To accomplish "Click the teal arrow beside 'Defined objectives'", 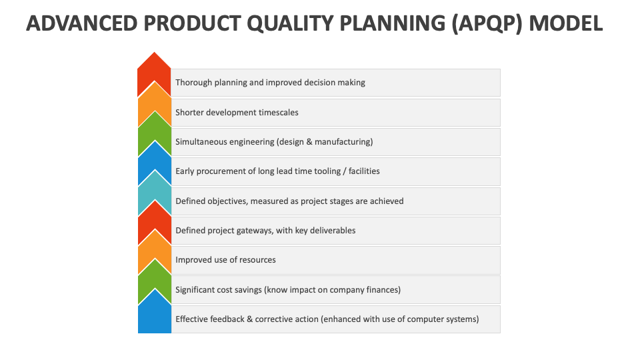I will click(x=154, y=195).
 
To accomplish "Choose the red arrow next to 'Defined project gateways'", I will click(x=154, y=225).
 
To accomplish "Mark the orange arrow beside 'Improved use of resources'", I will click(x=154, y=254).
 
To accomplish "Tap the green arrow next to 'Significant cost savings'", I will click(x=154, y=283).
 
